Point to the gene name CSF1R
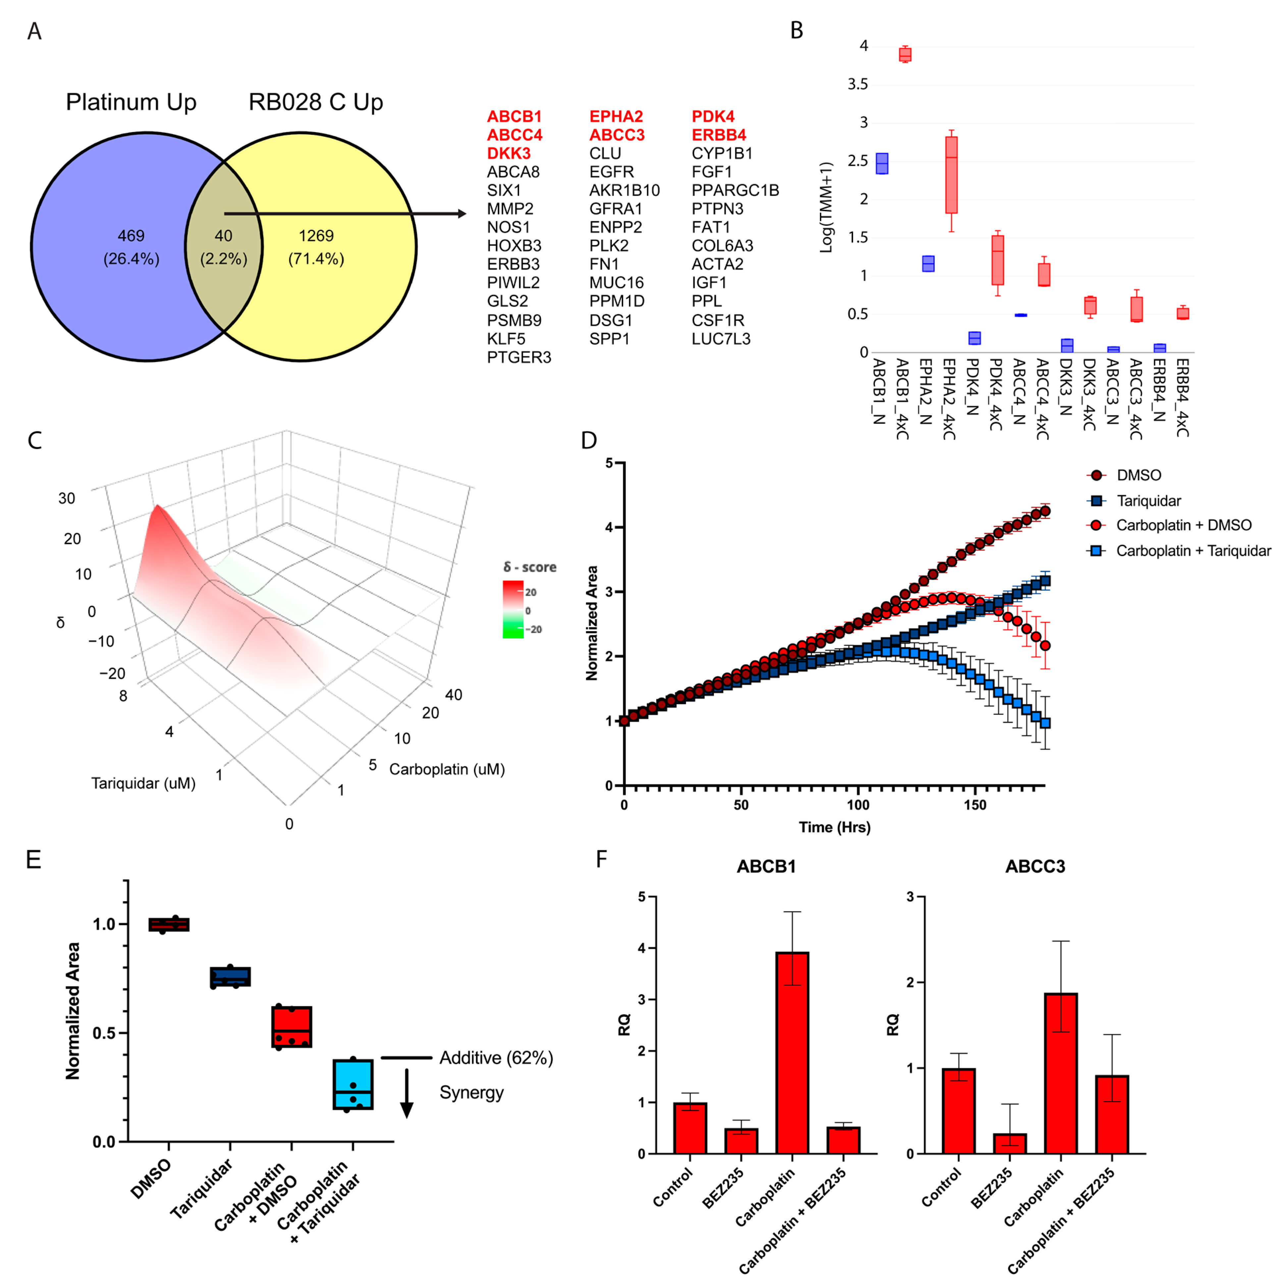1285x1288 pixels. [x=718, y=320]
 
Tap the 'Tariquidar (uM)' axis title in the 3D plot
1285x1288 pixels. [x=143, y=783]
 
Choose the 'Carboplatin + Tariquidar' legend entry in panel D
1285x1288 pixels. [x=1193, y=551]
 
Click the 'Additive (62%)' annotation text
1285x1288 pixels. [x=496, y=1058]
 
